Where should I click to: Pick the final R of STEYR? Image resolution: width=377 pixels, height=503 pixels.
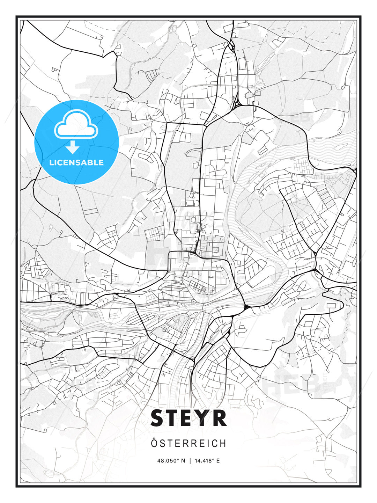[220, 418]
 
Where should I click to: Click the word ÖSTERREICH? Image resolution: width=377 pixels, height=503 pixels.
[188, 443]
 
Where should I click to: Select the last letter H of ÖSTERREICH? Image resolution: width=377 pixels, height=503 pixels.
[223, 444]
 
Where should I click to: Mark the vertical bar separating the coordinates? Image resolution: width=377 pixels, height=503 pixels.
[190, 461]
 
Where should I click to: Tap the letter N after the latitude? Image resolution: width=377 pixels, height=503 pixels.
[184, 461]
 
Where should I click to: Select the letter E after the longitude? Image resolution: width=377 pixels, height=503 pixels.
[218, 461]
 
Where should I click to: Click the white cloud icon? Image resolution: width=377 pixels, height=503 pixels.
[76, 125]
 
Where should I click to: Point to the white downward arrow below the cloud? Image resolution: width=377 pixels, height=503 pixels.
[73, 148]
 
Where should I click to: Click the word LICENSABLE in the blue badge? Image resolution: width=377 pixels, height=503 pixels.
[76, 162]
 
